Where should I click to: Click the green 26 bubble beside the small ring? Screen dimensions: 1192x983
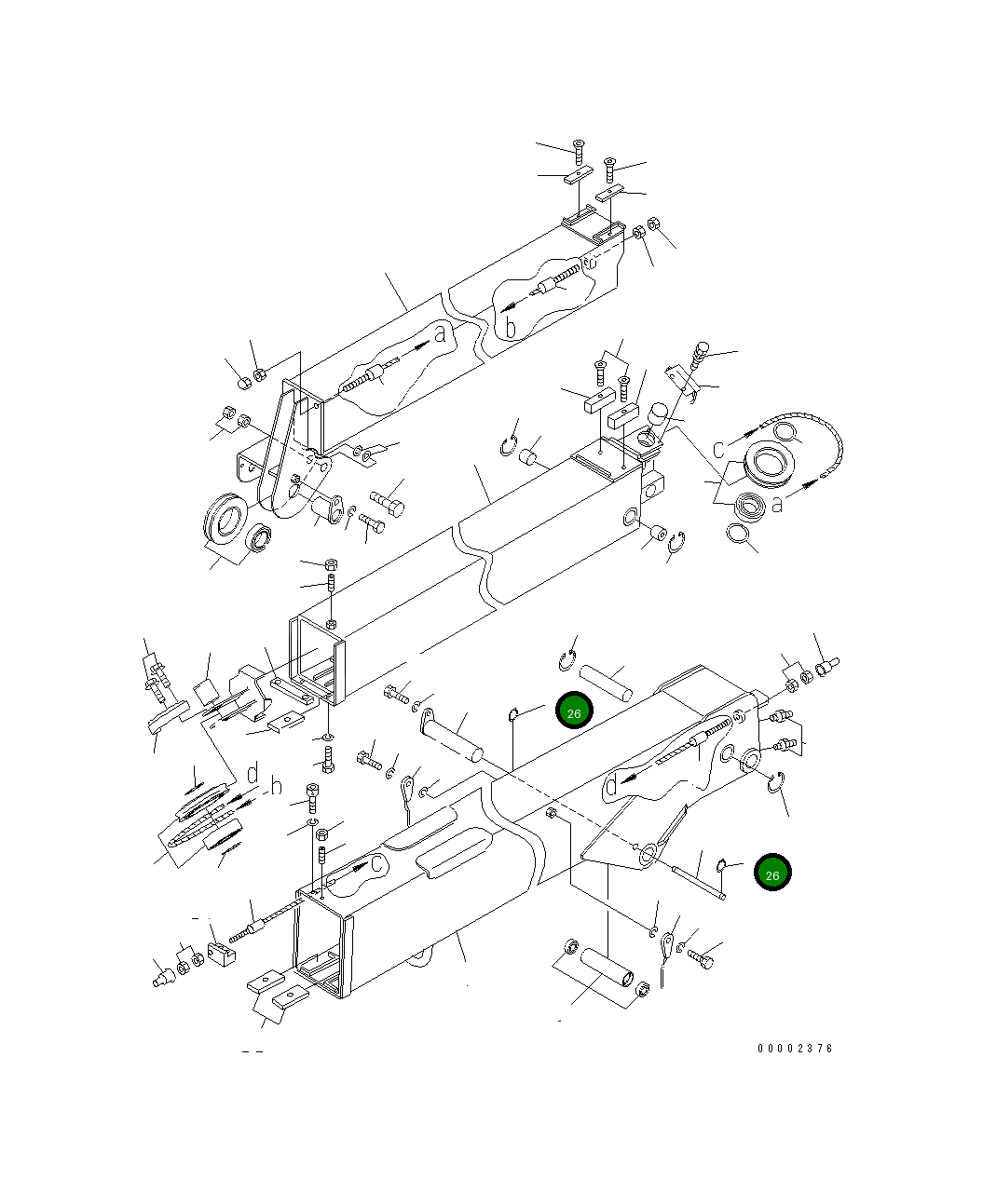click(x=574, y=712)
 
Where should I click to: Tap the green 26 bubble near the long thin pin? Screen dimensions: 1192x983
click(x=772, y=873)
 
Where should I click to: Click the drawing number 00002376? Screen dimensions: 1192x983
click(x=795, y=1049)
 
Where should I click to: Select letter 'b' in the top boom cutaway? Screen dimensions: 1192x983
click(x=510, y=327)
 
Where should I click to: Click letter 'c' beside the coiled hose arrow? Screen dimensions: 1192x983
click(x=719, y=449)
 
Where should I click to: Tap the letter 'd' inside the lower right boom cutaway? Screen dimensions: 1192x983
click(x=610, y=785)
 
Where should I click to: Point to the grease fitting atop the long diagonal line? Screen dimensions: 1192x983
click(x=700, y=352)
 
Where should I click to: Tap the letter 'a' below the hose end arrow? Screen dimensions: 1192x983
click(x=776, y=503)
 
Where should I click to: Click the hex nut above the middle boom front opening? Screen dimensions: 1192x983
click(x=331, y=564)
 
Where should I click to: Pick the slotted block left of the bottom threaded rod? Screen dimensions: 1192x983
click(x=221, y=955)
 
